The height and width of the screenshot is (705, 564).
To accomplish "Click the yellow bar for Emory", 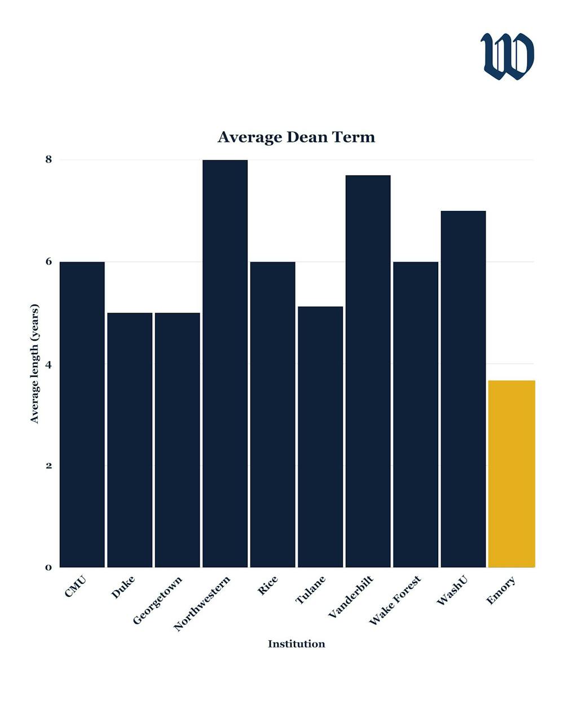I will pos(511,474).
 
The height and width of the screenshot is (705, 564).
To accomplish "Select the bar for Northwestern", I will pos(225,364).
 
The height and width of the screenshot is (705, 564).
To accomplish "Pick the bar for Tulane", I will pos(320,437).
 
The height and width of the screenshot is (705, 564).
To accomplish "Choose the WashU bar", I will pos(463,389).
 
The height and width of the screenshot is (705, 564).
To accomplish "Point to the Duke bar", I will pos(130,440).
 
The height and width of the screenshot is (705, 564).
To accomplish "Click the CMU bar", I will pos(82,415).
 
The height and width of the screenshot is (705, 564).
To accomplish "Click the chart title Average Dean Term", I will pos(296,137).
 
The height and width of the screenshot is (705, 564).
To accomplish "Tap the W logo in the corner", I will pos(507,56).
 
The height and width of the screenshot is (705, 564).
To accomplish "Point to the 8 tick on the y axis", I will pos(49,160).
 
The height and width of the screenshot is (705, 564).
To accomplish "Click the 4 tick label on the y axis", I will pos(49,364).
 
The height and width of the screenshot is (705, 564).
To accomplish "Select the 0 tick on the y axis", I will pos(49,567).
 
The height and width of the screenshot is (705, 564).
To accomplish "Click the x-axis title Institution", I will pos(296,644).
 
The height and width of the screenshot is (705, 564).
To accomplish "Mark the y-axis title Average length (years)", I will pos(35,364).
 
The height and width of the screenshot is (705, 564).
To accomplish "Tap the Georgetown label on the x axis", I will pos(158,600).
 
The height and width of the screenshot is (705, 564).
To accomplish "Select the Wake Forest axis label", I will pos(395,600).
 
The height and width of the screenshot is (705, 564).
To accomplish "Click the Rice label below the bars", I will pos(267,585).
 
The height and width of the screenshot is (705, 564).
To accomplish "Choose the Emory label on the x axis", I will pos(501,590).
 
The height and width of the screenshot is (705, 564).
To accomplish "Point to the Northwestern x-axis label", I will pos(202,603).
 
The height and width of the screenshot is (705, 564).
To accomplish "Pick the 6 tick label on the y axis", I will pos(49,262).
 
